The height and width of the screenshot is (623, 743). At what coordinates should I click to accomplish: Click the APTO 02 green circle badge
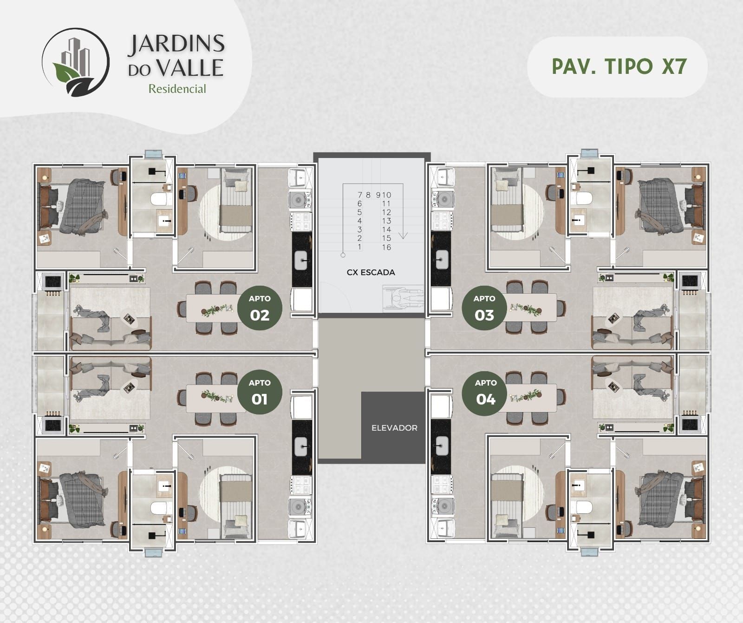point(260,308)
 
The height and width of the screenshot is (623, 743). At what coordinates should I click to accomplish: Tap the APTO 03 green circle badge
point(484,308)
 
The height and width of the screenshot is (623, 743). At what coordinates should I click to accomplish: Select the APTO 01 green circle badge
point(260,392)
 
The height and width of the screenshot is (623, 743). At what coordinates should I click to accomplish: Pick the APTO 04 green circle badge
point(486,392)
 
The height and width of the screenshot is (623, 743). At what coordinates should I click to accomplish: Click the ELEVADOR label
point(394,428)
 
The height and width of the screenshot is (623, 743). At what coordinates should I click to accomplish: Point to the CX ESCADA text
point(371,272)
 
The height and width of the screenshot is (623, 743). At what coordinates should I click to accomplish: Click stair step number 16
point(386,247)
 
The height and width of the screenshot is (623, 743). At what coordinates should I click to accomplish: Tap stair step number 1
point(359,247)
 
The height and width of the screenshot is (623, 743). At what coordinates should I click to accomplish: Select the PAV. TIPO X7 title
point(619,66)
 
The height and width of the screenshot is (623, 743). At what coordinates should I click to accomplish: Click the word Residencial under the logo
point(177,89)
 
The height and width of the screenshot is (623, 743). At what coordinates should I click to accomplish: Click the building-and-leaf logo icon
point(75,62)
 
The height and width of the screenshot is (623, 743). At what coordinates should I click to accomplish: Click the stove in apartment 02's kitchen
point(301,221)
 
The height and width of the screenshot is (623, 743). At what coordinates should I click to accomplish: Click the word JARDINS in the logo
point(176,45)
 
